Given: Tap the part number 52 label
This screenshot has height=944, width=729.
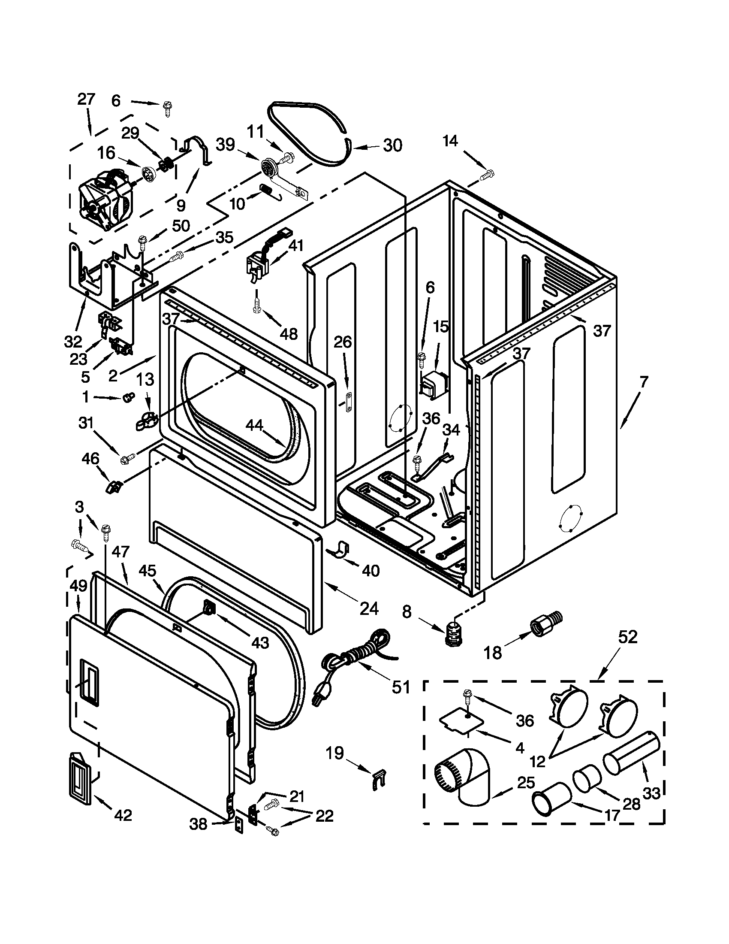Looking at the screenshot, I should [x=627, y=637].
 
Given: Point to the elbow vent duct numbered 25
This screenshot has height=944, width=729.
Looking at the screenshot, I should [x=464, y=776].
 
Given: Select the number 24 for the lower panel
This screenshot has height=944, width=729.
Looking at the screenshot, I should [x=369, y=609].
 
